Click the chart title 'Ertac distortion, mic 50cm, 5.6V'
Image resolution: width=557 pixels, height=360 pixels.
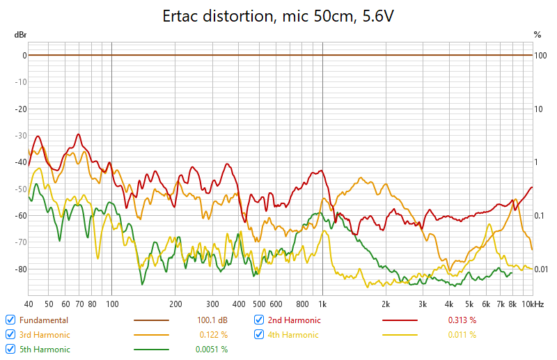coord(278,15)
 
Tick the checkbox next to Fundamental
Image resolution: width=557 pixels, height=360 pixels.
coord(10,320)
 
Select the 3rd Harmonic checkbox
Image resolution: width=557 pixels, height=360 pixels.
coord(10,335)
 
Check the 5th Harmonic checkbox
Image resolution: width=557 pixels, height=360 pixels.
coord(10,350)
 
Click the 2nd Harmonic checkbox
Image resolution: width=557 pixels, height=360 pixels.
coord(259,320)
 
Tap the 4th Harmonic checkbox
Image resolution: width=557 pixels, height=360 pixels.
coord(259,335)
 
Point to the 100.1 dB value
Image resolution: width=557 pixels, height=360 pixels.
coord(213,320)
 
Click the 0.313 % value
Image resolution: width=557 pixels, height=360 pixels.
coord(462,320)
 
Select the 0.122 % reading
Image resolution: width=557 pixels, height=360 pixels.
coord(213,335)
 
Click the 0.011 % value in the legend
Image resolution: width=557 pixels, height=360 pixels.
coord(462,335)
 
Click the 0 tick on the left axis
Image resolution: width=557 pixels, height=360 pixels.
coord(24,55)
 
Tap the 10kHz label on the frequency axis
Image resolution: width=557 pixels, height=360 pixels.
coord(533,304)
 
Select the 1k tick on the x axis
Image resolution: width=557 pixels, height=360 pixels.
coord(322,304)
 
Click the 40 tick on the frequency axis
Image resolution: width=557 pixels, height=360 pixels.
coord(29,304)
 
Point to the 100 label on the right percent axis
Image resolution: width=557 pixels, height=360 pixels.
coord(540,55)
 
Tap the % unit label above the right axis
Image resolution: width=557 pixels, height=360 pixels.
coord(537,34)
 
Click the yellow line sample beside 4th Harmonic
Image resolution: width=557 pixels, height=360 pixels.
coord(400,335)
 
